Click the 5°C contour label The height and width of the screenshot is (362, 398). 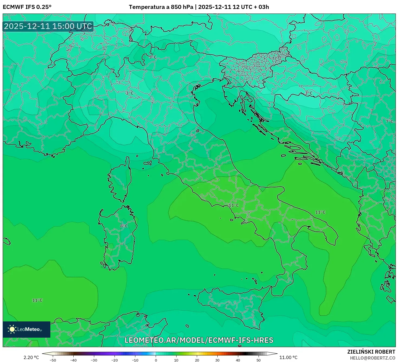(x=153, y=57)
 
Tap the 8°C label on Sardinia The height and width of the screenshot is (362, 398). (x=124, y=226)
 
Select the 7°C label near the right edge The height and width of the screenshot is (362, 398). (x=389, y=121)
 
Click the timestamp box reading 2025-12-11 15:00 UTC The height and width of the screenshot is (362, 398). (x=48, y=26)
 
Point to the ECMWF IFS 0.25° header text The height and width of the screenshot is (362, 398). (x=27, y=7)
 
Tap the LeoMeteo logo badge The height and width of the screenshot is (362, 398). (x=27, y=329)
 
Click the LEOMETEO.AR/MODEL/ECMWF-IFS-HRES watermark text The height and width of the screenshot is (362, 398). (x=199, y=340)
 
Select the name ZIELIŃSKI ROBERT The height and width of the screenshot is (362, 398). (x=371, y=352)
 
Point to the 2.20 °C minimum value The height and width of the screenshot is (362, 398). (x=31, y=357)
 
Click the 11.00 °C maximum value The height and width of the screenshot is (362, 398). (x=288, y=357)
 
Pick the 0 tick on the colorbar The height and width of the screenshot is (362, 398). (x=156, y=360)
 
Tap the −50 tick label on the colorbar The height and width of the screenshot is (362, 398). (x=53, y=360)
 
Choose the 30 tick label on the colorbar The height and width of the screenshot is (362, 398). (x=217, y=360)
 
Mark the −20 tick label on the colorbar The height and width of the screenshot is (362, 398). (x=115, y=360)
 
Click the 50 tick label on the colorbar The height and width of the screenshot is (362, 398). (x=259, y=360)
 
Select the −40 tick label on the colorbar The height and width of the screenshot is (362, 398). (x=73, y=360)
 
